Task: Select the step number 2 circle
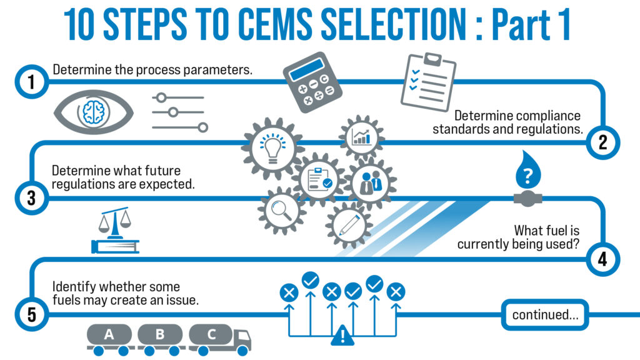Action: (602, 142)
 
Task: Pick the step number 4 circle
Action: (602, 257)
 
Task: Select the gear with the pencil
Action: (347, 224)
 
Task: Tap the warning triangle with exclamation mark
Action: (342, 336)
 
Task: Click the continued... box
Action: (545, 314)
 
